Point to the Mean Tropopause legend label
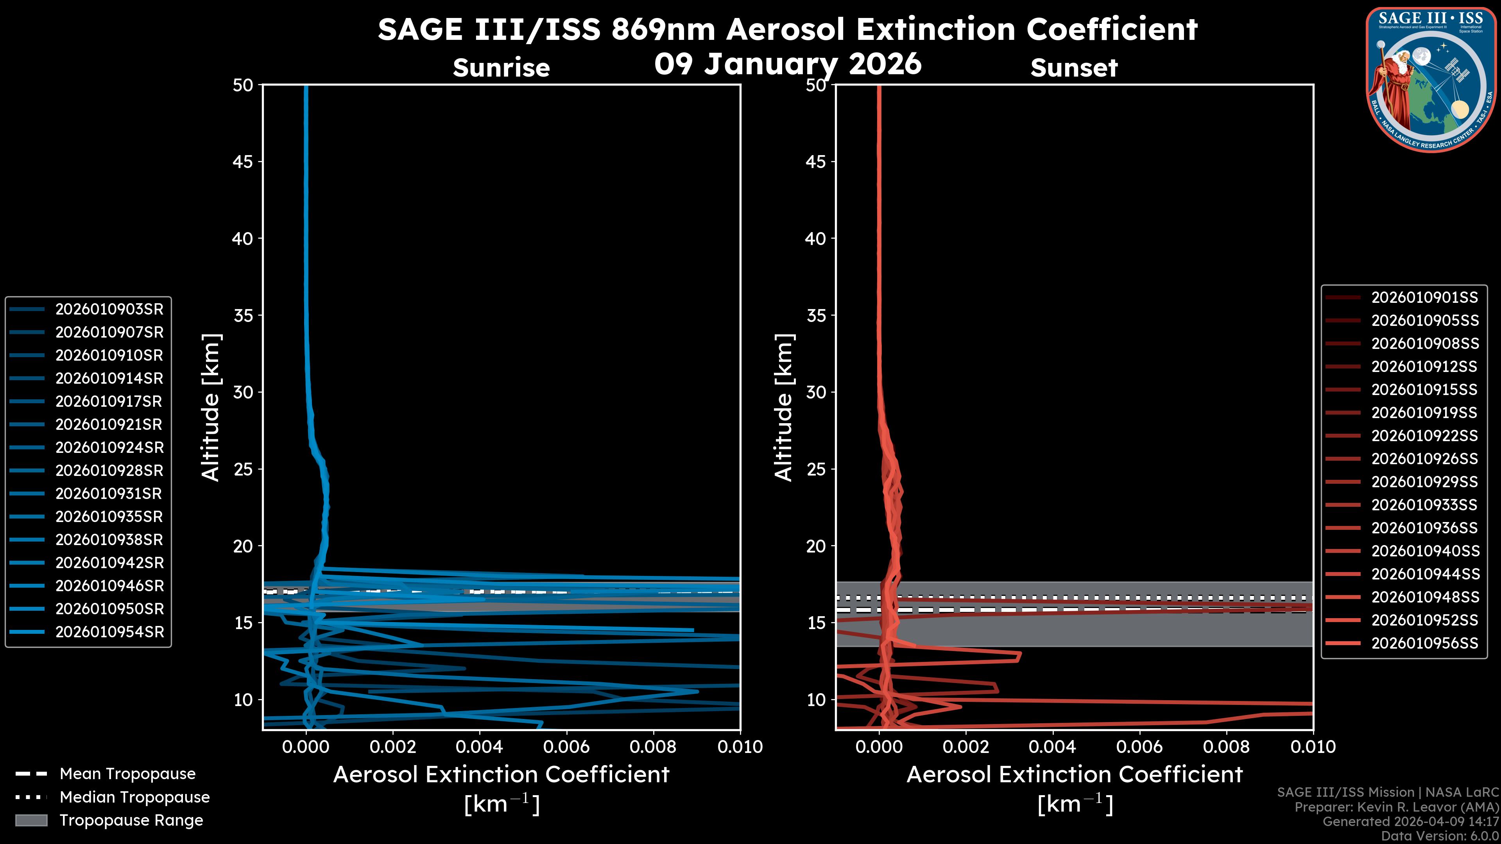click(127, 774)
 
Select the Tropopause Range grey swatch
click(31, 820)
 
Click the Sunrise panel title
click(501, 68)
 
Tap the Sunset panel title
click(1074, 68)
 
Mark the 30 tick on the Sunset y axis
click(816, 392)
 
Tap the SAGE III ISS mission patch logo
click(1429, 80)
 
